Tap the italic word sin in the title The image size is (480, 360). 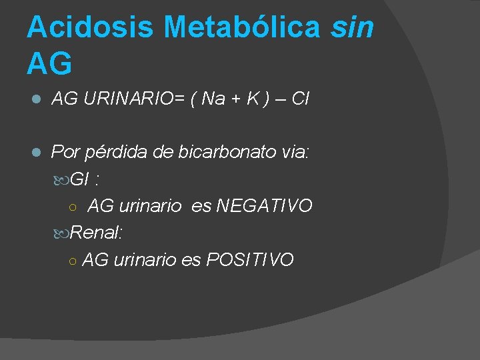(x=353, y=27)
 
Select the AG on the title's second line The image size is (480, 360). (x=49, y=63)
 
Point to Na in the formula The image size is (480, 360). (x=213, y=100)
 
